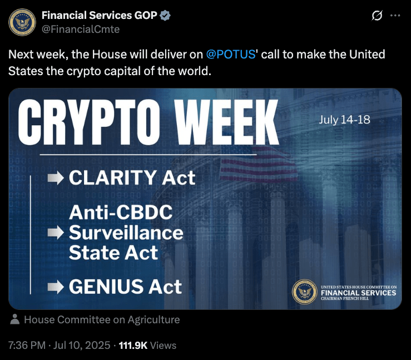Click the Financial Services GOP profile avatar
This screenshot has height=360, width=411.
(x=22, y=22)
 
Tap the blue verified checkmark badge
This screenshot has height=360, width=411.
(x=165, y=16)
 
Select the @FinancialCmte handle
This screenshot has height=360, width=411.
(x=81, y=29)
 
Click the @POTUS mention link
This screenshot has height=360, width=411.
(x=231, y=55)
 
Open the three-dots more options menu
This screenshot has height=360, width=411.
(x=395, y=16)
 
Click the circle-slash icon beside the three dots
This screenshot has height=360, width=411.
(x=377, y=16)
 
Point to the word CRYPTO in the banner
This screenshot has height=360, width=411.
(x=89, y=122)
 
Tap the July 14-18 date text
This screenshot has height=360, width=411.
(x=344, y=120)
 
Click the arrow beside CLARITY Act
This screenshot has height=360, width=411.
(x=56, y=177)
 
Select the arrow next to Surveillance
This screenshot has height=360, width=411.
(x=56, y=233)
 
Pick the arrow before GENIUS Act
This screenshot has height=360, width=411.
(x=56, y=287)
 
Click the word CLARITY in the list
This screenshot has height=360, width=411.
(x=113, y=177)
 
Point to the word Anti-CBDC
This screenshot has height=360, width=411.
(x=121, y=213)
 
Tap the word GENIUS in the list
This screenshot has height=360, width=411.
(x=106, y=287)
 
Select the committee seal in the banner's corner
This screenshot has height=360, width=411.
(x=304, y=292)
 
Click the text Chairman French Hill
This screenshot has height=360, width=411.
(x=345, y=299)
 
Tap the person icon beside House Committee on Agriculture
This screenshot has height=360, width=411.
(x=15, y=319)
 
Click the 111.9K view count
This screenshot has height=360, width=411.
(x=133, y=346)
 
